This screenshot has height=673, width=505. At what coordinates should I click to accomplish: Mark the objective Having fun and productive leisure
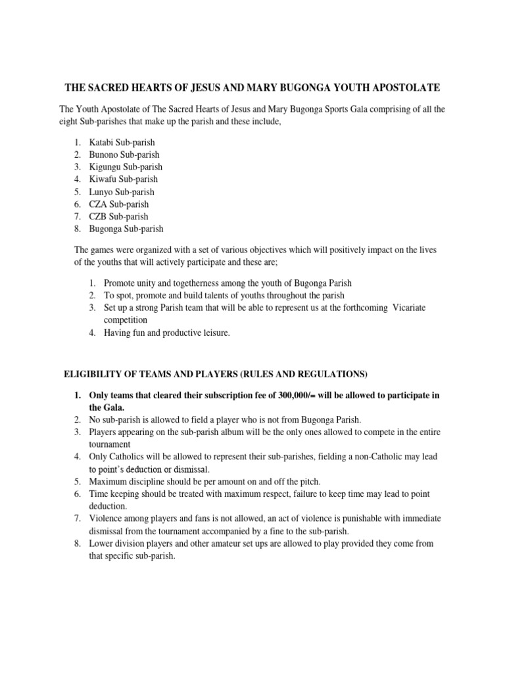(167, 333)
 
